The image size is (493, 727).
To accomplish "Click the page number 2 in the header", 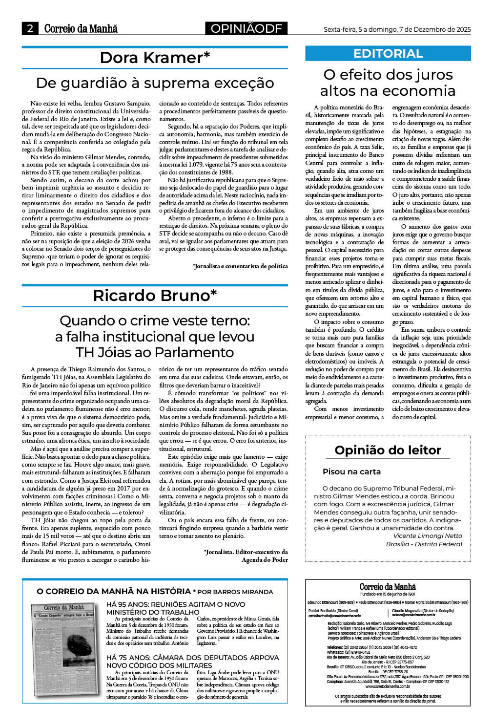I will coord(30,29).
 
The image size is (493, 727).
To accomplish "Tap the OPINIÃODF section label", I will coord(246,29).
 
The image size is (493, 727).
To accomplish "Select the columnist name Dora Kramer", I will coord(155,58).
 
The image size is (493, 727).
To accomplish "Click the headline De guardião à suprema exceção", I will coord(155,83).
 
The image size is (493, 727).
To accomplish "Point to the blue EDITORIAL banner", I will coord(388,53).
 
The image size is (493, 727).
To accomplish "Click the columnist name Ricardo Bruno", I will coord(155,296).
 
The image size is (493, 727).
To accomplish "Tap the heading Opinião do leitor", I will coord(388,450).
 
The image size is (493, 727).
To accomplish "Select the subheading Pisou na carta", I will coord(351,471).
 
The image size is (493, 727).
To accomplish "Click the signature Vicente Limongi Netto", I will coord(427,535).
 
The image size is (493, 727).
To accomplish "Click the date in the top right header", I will coord(397,29).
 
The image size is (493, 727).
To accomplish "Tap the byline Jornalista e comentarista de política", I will coord(240,266).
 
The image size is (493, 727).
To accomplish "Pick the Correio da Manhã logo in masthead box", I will coord(388,587).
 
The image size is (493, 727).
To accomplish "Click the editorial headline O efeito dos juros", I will coord(388,83).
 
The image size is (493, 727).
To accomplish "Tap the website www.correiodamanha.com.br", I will coord(388,686).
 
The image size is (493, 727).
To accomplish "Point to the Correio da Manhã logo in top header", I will coord(81,29).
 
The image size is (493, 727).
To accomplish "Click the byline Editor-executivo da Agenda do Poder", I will coord(246,556).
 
